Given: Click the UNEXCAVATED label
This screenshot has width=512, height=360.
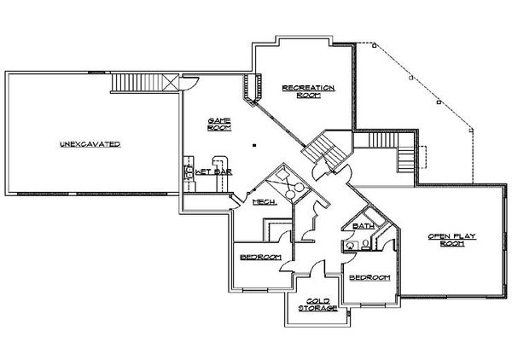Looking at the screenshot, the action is (90, 144).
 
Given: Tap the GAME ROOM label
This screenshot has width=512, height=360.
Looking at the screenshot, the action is (219, 125).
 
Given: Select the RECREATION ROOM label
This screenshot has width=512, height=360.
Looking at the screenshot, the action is (308, 91).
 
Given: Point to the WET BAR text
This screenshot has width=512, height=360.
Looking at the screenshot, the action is (213, 172).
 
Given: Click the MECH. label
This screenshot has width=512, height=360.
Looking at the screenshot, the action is (265, 202).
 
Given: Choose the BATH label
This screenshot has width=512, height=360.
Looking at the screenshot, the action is (364, 226).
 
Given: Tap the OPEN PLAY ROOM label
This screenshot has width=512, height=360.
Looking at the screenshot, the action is (452, 240).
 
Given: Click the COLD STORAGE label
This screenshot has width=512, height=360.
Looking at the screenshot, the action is (318, 305).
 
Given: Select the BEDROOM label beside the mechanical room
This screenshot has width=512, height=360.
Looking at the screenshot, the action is (260, 257).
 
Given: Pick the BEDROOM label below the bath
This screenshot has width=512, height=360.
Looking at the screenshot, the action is (369, 278).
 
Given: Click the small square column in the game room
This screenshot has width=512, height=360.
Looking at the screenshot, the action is (254, 145).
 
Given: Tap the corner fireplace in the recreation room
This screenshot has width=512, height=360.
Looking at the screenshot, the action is (253, 89).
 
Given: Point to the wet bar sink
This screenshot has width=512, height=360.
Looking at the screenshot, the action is (189, 172).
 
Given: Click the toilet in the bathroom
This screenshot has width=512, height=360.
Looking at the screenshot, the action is (366, 245).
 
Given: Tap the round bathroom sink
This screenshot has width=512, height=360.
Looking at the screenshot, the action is (351, 245).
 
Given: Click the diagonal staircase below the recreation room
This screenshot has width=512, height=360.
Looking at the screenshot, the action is (324, 152).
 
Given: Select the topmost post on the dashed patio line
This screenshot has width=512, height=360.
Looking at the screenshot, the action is (375, 46).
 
